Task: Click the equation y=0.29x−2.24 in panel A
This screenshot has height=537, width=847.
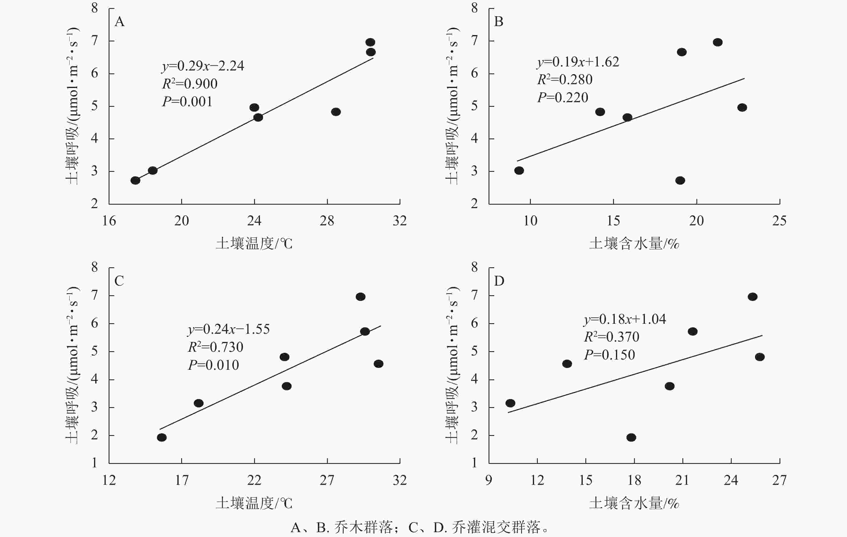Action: coord(203,66)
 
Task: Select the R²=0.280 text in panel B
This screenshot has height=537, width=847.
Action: coord(565,80)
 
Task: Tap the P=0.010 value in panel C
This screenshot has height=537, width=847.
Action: coord(213,365)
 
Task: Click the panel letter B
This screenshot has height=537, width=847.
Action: coord(499,22)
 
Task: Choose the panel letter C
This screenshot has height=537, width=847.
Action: coord(119,281)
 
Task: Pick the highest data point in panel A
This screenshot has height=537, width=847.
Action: coord(370,42)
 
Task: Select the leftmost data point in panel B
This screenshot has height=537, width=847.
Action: coord(519,170)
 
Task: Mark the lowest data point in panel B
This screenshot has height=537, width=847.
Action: coord(680,180)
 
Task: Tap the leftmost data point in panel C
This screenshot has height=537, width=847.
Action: coord(161,438)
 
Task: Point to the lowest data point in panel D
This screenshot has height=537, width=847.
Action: coord(631,438)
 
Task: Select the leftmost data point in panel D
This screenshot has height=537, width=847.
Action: coord(510,403)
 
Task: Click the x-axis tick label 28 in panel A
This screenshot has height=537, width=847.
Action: coord(327,221)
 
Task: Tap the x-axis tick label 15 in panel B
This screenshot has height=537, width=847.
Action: coord(613,221)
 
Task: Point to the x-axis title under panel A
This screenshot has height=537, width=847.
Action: coord(254,243)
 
